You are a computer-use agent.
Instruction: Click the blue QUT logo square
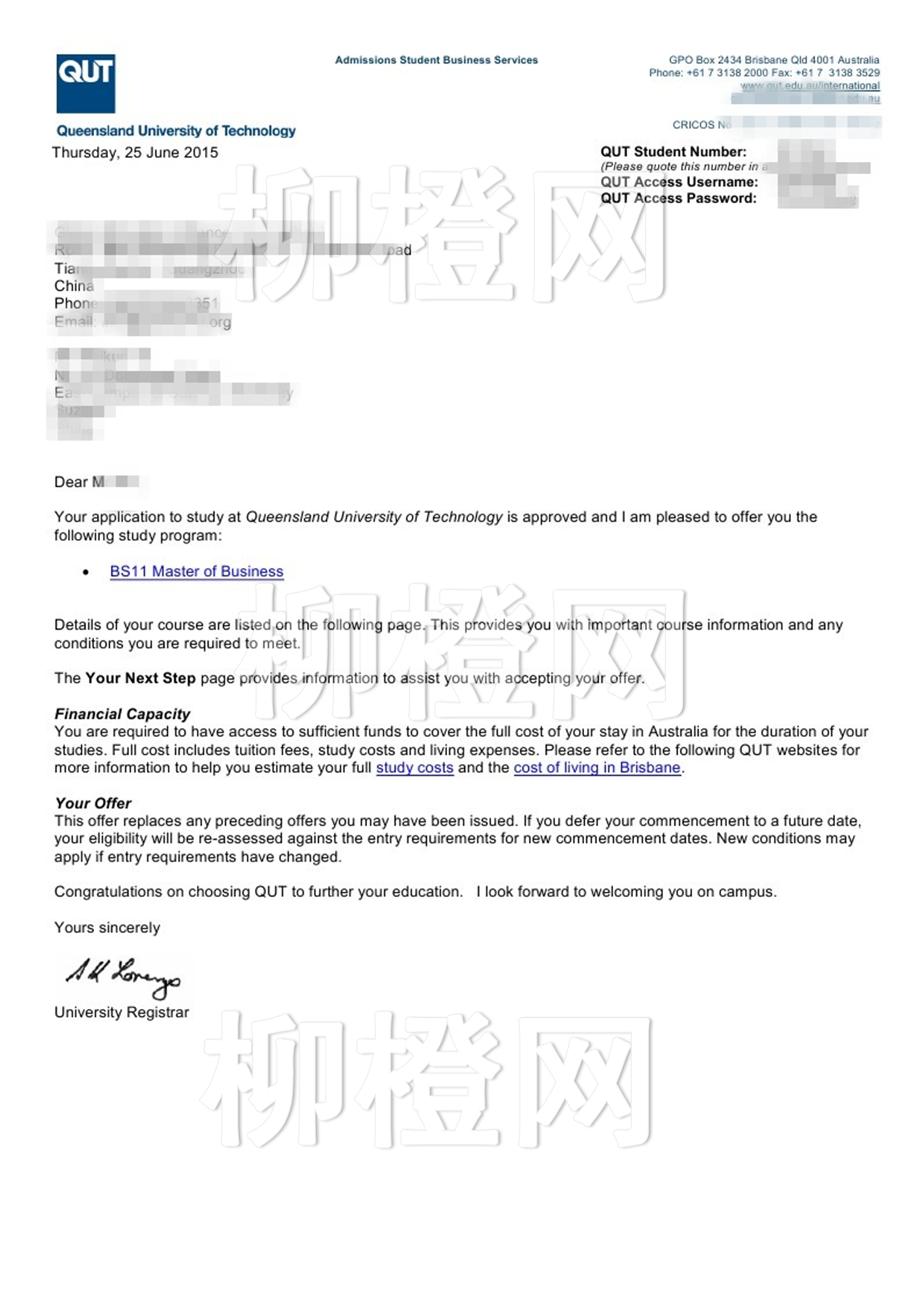pos(86,84)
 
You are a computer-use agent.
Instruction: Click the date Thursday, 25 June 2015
pos(135,153)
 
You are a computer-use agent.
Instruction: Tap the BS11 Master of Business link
pos(196,571)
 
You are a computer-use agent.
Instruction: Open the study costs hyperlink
pos(414,767)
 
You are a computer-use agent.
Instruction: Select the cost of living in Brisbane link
pos(597,767)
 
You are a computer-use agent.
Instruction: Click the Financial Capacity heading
pos(122,714)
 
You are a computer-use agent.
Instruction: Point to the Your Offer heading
pos(93,803)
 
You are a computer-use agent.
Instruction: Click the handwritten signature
pos(122,976)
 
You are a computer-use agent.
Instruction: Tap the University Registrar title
pos(122,1012)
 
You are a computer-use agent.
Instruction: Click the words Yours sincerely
pos(107,927)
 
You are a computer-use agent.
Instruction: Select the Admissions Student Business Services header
pos(436,60)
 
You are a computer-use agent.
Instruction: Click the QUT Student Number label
pos(673,152)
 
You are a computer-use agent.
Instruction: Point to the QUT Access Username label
pos(679,182)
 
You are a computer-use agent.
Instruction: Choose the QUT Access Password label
pos(678,198)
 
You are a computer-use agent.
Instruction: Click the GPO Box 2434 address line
pos(774,60)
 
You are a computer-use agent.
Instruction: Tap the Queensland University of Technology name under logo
pos(176,131)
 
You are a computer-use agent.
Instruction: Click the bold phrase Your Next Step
pos(140,678)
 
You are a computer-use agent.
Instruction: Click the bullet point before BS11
pos(86,572)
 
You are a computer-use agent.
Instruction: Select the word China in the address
pos(74,286)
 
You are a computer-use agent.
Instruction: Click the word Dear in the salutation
pos(70,482)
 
